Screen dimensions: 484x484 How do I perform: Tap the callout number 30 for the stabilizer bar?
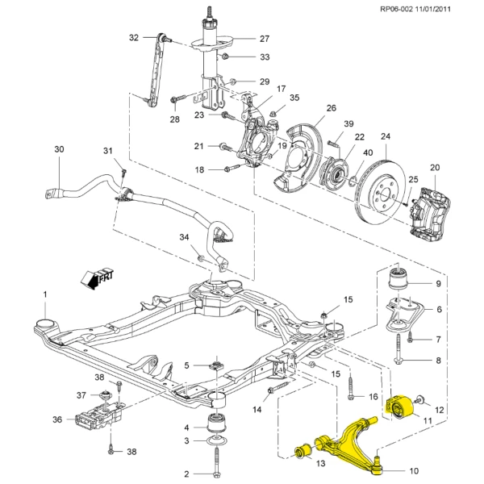pos(58,149)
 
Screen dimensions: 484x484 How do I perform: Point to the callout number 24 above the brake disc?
pos(385,136)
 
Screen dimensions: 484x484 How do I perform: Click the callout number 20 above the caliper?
pos(435,167)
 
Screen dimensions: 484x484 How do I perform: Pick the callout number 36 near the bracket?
pos(56,419)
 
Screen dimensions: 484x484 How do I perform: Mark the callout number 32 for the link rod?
pos(134,37)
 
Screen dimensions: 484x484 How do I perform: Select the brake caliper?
pos(433,206)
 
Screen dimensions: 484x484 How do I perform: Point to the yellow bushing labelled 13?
pos(303,449)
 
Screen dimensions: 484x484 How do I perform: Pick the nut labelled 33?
pos(227,56)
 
